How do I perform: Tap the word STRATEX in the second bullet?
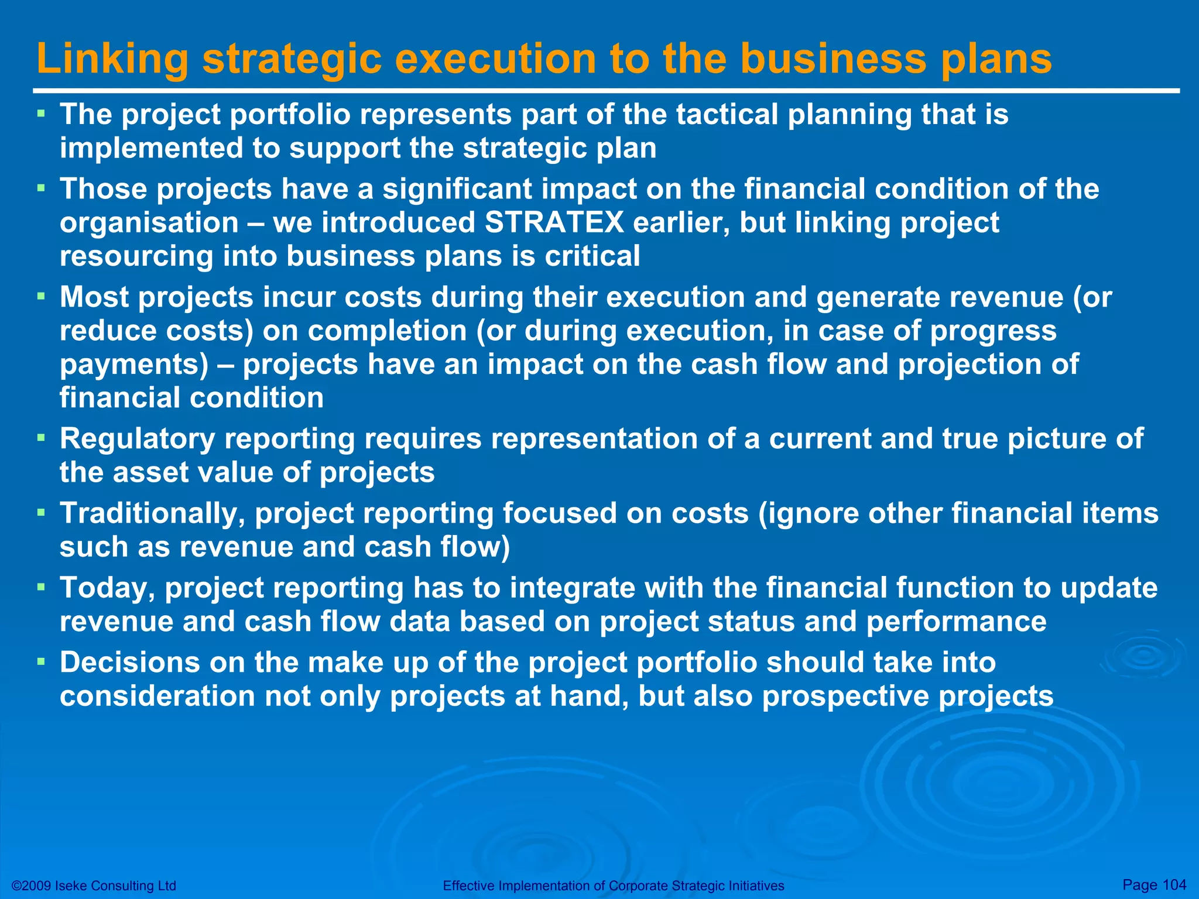[x=554, y=223]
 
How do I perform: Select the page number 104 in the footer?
[x=1174, y=884]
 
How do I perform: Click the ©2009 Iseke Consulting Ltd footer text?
[x=94, y=886]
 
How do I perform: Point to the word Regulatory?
[x=137, y=439]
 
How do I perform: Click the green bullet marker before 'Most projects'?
[x=40, y=296]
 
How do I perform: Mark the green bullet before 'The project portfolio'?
[x=40, y=113]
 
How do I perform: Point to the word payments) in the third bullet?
[x=134, y=365]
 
